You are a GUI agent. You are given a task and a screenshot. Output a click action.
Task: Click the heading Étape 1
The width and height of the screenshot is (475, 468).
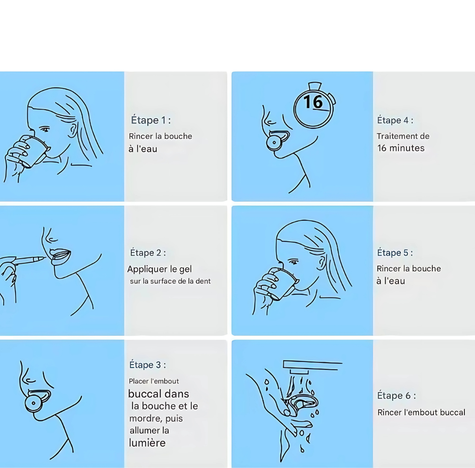coord(151,120)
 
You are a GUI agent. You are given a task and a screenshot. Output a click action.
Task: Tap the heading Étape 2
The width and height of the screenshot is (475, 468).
coord(148,253)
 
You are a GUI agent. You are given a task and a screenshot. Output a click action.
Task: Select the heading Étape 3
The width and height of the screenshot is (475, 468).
coord(147,365)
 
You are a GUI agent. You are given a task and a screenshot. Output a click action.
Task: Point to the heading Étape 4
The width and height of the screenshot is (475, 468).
coord(395,120)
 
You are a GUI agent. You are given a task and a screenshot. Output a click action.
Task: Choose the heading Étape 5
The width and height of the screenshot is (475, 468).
coord(395,253)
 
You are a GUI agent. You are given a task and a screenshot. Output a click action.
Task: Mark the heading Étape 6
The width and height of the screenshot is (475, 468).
coord(396,395)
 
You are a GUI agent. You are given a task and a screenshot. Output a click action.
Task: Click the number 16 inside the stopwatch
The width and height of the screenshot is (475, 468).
coord(313,101)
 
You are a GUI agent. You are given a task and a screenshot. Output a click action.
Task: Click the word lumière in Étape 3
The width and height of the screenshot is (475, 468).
coord(147,442)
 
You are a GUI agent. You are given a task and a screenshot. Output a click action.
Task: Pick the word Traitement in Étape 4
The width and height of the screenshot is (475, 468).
coord(393,136)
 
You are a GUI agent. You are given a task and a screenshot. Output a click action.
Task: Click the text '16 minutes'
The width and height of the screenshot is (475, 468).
coord(401,148)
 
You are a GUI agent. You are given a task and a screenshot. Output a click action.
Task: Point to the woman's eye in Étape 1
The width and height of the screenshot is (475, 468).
coord(45,129)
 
